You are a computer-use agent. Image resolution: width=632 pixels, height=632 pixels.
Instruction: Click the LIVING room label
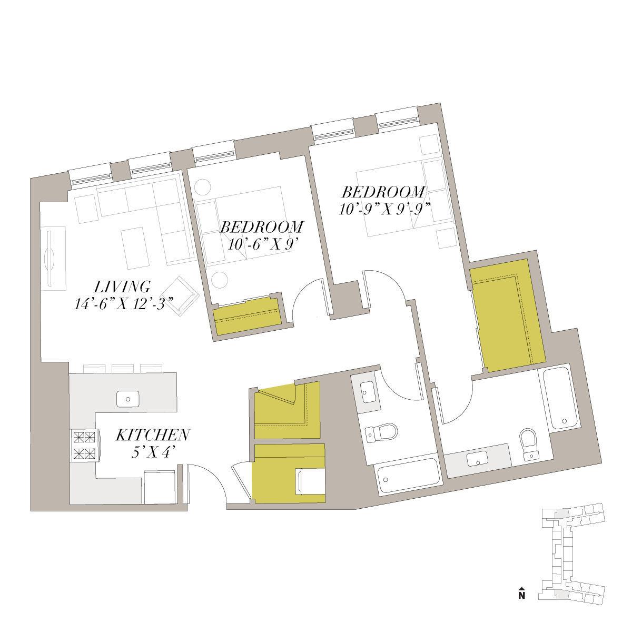[x=122, y=287]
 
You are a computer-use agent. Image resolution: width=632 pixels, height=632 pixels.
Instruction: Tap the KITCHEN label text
[x=153, y=435]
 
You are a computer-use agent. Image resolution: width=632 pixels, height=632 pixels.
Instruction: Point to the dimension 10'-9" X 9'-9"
[x=384, y=209]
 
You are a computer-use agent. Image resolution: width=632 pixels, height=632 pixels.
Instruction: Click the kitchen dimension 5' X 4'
[x=151, y=452]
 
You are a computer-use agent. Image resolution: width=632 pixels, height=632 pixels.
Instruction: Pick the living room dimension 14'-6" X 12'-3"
[x=124, y=304]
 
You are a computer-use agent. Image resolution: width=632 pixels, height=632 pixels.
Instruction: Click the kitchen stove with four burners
[x=85, y=446]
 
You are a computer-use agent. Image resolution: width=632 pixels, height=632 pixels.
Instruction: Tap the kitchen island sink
[x=128, y=399]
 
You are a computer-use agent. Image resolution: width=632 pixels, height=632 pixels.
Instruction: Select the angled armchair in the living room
[x=181, y=296]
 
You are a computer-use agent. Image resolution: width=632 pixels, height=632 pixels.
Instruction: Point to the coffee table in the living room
[x=135, y=248]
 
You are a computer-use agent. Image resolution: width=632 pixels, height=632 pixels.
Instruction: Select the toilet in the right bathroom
[x=529, y=445]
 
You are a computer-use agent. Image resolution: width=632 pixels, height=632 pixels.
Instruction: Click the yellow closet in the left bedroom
[x=248, y=316]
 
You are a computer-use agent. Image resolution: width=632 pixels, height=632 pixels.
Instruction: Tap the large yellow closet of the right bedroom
[x=507, y=315]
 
